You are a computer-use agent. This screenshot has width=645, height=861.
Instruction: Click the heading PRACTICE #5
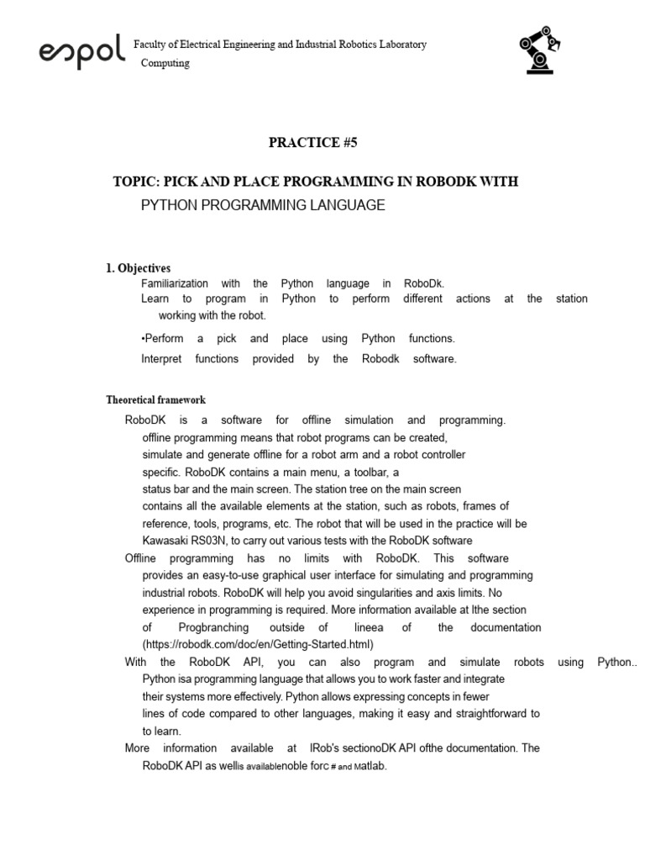[x=312, y=142]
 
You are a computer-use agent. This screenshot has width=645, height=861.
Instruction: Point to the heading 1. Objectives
[x=138, y=268]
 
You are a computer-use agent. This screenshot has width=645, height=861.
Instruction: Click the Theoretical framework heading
[x=155, y=400]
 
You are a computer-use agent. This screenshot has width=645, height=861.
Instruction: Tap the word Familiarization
[x=175, y=284]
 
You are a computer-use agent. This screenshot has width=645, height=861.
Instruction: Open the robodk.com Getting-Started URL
[x=257, y=644]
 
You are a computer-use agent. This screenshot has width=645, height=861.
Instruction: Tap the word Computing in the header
[x=165, y=63]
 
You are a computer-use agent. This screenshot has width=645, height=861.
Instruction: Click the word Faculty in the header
[x=152, y=44]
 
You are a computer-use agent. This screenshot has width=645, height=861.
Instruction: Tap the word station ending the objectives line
[x=572, y=298]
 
